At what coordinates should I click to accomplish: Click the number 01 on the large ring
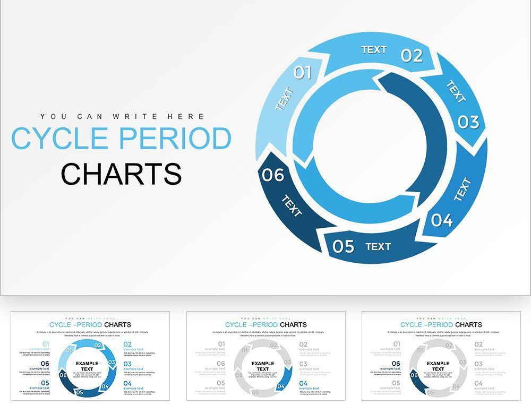(x=303, y=72)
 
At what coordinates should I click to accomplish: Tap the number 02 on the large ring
(x=412, y=55)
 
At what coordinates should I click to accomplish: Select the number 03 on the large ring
(x=468, y=122)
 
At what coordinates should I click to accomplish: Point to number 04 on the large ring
(x=441, y=220)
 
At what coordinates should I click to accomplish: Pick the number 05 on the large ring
(x=344, y=246)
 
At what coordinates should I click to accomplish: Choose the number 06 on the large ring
(x=273, y=175)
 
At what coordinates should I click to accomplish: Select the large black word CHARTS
(x=121, y=174)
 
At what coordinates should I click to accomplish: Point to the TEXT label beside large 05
(x=378, y=246)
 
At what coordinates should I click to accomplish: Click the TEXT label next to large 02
(x=374, y=49)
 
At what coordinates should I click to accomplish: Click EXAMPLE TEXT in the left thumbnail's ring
(x=87, y=366)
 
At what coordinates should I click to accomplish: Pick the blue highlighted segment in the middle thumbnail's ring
(x=287, y=375)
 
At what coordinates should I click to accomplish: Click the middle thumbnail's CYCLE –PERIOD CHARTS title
(x=265, y=324)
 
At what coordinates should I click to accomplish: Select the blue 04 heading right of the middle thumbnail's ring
(x=303, y=383)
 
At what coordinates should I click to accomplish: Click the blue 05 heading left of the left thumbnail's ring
(x=45, y=383)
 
